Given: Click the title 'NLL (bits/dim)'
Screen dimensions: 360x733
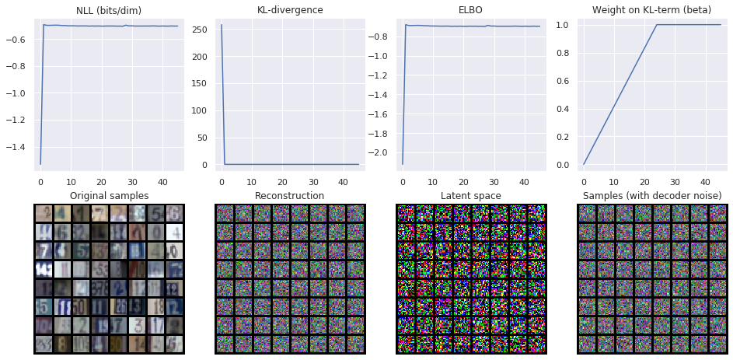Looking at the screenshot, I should (109, 10).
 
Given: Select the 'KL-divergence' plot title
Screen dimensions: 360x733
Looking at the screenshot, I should (289, 10).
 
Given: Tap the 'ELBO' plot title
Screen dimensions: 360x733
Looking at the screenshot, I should (471, 10).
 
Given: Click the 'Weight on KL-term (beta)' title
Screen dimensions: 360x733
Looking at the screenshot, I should (651, 10).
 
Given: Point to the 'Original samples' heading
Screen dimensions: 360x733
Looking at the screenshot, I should (108, 195).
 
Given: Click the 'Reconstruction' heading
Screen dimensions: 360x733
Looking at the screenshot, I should (289, 195).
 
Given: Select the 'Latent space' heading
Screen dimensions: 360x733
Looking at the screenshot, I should (470, 195).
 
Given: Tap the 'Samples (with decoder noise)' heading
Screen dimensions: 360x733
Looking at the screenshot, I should (652, 195).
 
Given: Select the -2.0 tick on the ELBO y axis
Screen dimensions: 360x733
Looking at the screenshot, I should (379, 152).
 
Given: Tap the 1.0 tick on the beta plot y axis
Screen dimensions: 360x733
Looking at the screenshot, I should (563, 25).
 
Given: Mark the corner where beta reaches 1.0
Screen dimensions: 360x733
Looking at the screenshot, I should (657, 25).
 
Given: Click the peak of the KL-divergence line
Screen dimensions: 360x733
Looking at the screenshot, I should (222, 25).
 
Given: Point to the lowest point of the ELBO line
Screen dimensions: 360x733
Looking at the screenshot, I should (402, 164).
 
